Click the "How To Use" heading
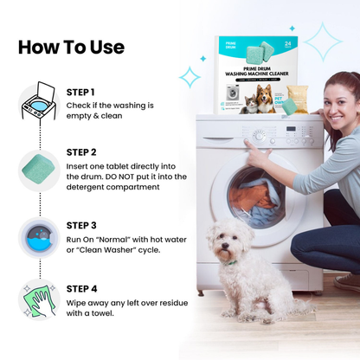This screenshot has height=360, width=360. [x=71, y=47]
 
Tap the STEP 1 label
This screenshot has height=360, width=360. [x=80, y=92]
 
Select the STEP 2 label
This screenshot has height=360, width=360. [x=81, y=151]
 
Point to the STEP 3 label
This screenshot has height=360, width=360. [x=81, y=225]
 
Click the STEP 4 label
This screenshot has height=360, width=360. [x=81, y=289]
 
